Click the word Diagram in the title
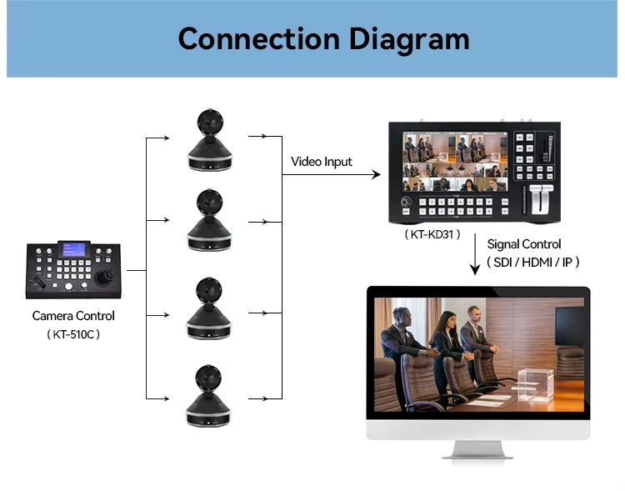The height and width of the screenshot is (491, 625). pos(409,40)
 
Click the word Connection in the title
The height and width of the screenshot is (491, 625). pos(259,38)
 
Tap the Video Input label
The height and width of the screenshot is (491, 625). pos(322,162)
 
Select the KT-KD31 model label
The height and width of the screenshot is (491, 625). pos(432,234)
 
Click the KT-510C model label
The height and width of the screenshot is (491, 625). pos(73,333)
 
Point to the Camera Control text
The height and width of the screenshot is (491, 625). pos(73,315)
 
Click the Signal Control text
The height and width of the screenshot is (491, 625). pos(524,243)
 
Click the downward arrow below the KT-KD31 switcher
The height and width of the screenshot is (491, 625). pos(475,254)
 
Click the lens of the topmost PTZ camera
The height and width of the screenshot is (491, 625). pos(210,123)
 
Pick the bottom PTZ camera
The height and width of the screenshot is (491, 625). pos(208,396)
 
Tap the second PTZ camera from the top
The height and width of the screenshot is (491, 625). pos(209,220)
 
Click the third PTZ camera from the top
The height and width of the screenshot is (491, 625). pos(209,308)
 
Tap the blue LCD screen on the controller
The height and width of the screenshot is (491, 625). pos(74,249)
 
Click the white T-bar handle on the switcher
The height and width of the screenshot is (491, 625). pos(542,198)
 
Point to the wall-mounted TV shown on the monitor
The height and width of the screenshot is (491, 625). pos(570,327)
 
